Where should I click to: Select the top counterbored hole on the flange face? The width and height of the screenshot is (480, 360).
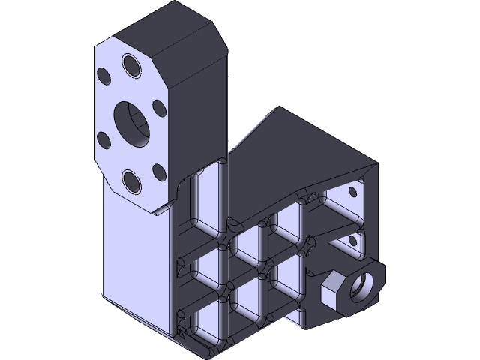pos(132,65)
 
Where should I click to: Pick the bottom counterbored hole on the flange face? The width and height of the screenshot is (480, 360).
pos(132,180)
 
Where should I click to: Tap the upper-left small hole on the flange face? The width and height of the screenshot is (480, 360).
pos(103,74)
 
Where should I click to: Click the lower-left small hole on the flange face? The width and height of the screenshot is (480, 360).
pos(103,139)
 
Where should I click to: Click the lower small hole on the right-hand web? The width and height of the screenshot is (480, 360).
pos(352,240)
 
